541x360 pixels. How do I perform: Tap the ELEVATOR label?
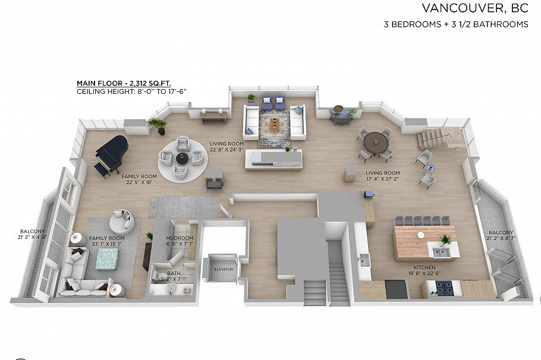coord(224,270)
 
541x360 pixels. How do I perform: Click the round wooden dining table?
coord(376,141)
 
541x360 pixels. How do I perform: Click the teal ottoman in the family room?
coord(108,258)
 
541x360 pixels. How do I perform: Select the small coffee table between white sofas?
coord(273,123)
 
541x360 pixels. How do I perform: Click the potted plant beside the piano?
coord(158,124)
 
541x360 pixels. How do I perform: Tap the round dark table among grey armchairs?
coord(182,158)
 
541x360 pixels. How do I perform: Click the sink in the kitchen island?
coord(441,252)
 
